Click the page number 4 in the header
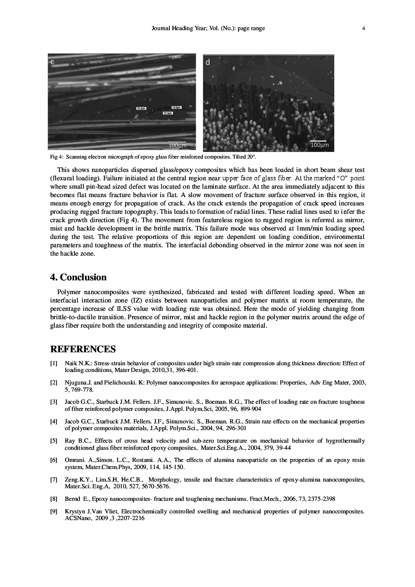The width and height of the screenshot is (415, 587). tap(363, 28)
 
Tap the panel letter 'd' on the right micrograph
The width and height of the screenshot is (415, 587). tap(208, 62)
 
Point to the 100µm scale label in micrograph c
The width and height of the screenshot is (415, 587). tap(177, 146)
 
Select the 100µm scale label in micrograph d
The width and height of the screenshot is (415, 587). tap(319, 145)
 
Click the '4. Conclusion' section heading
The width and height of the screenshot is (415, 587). tap(78, 277)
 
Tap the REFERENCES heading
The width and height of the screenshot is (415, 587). tap(83, 349)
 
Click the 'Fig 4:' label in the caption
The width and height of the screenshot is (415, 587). tap(56, 157)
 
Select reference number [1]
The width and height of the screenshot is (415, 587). tap(54, 364)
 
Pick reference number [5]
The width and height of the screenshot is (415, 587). tap(54, 441)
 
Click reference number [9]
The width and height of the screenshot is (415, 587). tap(54, 512)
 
